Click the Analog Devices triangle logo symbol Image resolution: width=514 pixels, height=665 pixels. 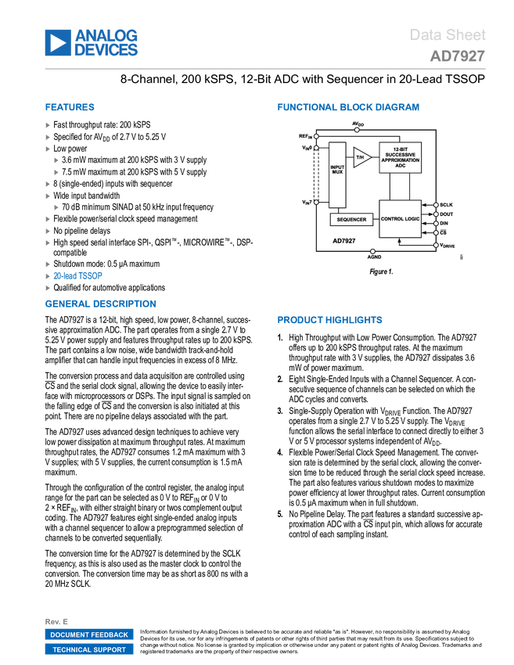point(57,43)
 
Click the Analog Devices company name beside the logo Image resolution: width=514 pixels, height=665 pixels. point(106,43)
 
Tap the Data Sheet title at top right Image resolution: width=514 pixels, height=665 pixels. point(448,35)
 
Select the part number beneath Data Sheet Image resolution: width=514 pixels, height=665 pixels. point(457,56)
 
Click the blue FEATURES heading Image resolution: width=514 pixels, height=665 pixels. point(70,108)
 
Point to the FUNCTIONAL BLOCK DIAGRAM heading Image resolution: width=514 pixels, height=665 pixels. point(348,108)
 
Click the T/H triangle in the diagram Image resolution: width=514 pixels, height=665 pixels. point(361,158)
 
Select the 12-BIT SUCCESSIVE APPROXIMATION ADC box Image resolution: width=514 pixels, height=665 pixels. point(400,157)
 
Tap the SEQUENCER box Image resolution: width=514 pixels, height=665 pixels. point(351,220)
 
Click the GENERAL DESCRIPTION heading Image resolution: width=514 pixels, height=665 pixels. point(100,304)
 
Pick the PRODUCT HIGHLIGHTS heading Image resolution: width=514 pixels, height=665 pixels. point(329,321)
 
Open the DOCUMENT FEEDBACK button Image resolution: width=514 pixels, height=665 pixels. point(89,635)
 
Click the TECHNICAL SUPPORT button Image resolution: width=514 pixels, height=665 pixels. point(89,649)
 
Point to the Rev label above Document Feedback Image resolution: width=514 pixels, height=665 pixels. point(56,621)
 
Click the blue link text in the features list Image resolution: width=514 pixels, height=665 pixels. point(77,275)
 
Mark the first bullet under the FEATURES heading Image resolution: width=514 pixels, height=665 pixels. point(48,125)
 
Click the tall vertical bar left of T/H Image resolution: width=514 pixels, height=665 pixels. point(316,174)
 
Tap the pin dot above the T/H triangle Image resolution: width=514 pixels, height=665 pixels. point(357,130)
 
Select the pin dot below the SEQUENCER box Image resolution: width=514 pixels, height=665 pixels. point(372,251)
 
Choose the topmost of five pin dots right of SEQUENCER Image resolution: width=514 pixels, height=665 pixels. point(436,204)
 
